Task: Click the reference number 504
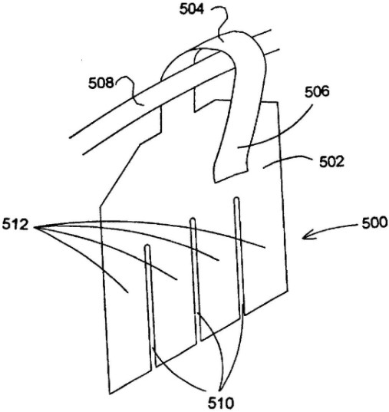coord(192,10)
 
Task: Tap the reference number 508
coord(101,83)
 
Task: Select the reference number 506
coord(317,92)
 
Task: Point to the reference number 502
coord(331,162)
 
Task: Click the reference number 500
coord(375,223)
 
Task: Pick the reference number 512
coord(15,226)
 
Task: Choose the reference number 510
coord(221,403)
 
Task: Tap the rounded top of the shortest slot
coord(147,247)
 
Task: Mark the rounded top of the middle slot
coord(193,219)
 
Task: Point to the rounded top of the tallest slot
coord(236,199)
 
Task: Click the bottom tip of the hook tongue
coord(215,182)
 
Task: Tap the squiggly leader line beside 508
coord(130,89)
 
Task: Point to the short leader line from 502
coord(286,160)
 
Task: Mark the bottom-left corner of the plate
coord(110,394)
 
